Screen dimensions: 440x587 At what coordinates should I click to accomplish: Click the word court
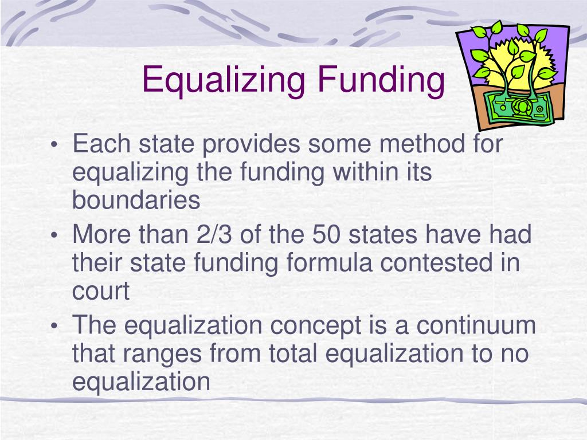point(101,292)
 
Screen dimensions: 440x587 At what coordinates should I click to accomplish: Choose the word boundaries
point(136,201)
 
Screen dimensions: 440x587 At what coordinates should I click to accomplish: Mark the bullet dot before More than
point(54,236)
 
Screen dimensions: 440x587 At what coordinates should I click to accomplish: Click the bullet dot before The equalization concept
point(54,327)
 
